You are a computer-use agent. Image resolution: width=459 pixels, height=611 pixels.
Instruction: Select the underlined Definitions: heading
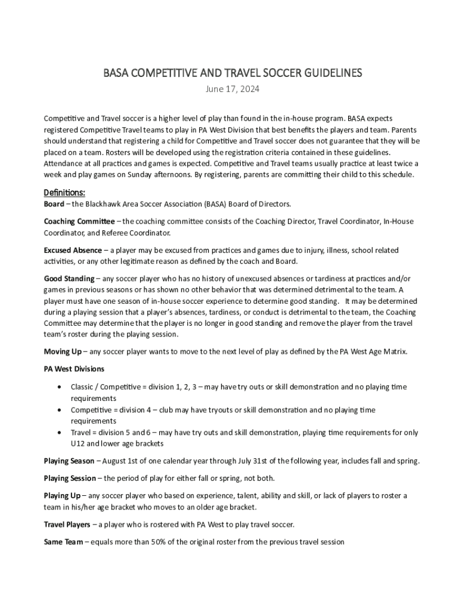[x=64, y=193]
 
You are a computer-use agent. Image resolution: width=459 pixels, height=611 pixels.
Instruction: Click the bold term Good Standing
[x=69, y=279]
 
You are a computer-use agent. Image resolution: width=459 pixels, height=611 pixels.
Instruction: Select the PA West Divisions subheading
[x=74, y=369]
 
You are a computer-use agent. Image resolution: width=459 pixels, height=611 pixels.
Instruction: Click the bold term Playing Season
[x=69, y=461]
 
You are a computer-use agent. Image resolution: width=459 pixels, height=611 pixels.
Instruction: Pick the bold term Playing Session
[x=70, y=478]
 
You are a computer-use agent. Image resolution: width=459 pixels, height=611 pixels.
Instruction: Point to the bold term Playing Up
[x=62, y=496]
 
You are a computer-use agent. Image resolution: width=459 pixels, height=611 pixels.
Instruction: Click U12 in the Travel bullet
[x=78, y=444]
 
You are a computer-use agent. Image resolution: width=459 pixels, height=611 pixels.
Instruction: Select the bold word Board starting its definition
[x=54, y=204]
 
